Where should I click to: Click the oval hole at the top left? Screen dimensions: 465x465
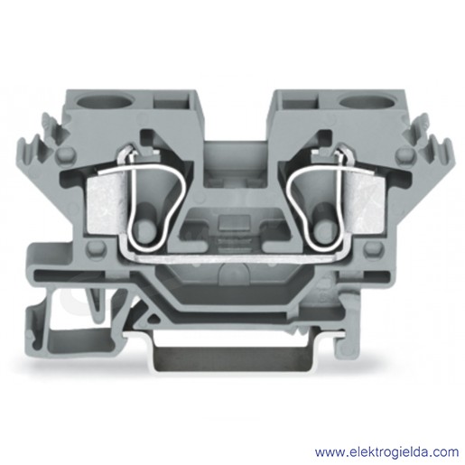[x=104, y=102]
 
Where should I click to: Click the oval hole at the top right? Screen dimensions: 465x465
[x=367, y=102]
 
